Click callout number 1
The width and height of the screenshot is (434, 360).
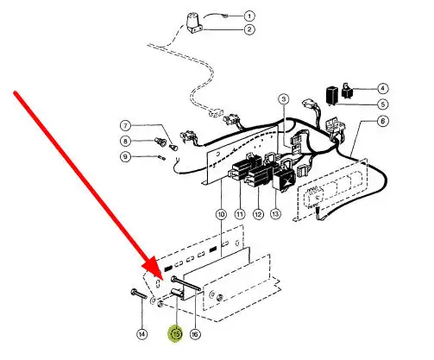(x=249, y=16)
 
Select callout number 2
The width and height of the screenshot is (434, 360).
(x=249, y=29)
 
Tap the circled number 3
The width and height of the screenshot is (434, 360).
(x=284, y=99)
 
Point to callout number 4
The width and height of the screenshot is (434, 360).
(x=382, y=88)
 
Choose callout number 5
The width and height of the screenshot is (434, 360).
(x=382, y=104)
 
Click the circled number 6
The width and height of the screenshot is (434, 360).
(x=382, y=121)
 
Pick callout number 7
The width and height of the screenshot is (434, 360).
(x=126, y=126)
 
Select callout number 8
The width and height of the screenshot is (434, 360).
(x=126, y=142)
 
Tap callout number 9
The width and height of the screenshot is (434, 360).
(x=126, y=157)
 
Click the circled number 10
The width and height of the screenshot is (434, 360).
(x=221, y=214)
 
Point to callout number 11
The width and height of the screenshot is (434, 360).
(x=240, y=214)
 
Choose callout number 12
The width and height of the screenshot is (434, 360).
(x=258, y=214)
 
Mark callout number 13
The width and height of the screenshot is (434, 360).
(x=275, y=214)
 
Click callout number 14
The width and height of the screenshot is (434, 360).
(x=142, y=334)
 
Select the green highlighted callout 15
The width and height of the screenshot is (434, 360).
(x=176, y=334)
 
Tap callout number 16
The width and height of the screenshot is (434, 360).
(x=195, y=334)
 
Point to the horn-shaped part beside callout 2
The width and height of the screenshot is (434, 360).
(x=194, y=23)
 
